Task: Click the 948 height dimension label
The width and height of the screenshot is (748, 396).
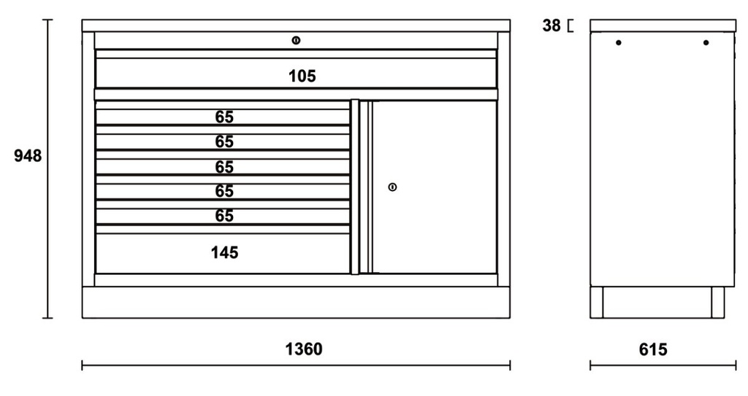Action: [x=28, y=156]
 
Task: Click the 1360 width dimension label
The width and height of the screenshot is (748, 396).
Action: [x=304, y=349]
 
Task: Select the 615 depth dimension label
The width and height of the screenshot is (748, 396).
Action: [x=653, y=350]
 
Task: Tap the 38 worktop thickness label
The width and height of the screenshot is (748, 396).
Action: [x=552, y=26]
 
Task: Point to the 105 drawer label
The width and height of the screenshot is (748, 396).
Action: [x=302, y=76]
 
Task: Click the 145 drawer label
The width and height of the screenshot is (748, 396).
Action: [x=224, y=252]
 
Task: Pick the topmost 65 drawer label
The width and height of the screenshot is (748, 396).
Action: [x=224, y=117]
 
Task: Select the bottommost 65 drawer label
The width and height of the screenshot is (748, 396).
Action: [x=224, y=216]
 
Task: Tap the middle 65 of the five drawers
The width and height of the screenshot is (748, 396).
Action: [x=224, y=167]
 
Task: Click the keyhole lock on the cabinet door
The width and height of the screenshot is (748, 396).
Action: [x=392, y=187]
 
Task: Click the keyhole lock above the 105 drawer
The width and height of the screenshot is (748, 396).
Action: [x=296, y=41]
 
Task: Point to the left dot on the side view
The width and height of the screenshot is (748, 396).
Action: [x=618, y=43]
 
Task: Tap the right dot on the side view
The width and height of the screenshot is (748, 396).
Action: [x=706, y=43]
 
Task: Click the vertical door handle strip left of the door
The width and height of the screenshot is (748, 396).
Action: [x=355, y=187]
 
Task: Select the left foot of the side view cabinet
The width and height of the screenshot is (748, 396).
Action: [x=596, y=302]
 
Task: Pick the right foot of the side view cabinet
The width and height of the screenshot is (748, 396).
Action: [x=718, y=302]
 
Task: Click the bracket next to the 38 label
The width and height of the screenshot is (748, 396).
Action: [x=570, y=26]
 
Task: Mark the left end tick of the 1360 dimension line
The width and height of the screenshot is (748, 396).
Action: [x=82, y=365]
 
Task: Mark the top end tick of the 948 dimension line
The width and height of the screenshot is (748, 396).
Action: [x=47, y=20]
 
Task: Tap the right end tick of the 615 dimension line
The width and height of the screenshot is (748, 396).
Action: [x=736, y=365]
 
